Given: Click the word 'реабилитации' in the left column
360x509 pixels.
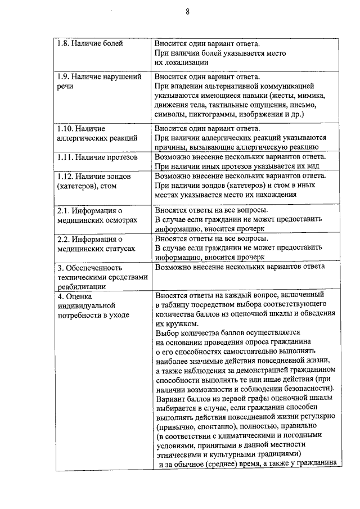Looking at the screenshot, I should coord(80,286).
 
